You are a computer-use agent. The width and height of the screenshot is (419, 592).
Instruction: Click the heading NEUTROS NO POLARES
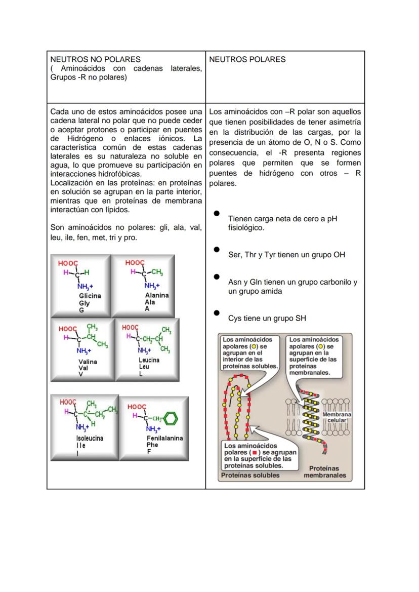95,59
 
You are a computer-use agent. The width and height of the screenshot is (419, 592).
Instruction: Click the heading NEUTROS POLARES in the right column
247,59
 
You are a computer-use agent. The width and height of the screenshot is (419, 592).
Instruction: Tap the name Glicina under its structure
90,296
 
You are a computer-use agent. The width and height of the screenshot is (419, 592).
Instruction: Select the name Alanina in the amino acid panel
157,295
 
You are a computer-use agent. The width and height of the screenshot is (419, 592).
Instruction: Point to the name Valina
88,362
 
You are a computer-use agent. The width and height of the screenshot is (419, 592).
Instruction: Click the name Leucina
149,361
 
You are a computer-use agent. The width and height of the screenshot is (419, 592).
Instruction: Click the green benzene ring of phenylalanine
172,419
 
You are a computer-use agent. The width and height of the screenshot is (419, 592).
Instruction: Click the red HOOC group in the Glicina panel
68,263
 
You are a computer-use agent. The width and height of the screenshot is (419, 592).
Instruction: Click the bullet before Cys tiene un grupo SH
217,313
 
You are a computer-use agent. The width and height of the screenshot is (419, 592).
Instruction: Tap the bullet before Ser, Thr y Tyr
217,249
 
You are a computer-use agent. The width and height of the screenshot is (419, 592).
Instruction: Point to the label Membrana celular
337,417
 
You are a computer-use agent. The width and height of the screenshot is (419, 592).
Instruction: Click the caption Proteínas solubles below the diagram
250,475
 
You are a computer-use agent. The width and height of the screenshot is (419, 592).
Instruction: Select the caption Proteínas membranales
325,472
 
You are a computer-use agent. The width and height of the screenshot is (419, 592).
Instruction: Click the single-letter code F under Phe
149,452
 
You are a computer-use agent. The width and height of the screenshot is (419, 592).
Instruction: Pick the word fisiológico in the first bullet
246,228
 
